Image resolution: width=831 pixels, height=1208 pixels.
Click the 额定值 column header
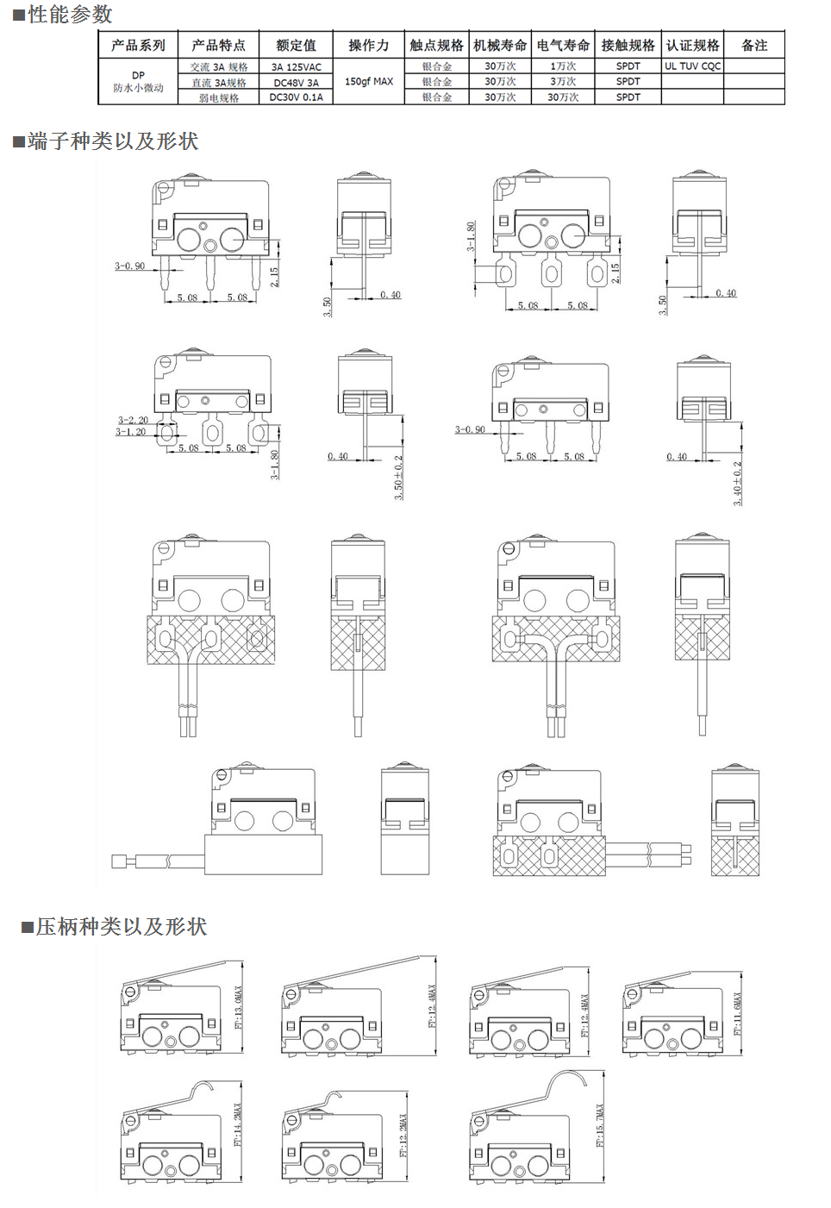pyautogui.click(x=296, y=46)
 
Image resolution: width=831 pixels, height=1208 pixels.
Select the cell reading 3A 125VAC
pyautogui.click(x=296, y=67)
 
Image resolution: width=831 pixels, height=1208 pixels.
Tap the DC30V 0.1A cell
pyautogui.click(x=296, y=97)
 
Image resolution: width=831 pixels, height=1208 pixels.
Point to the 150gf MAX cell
pyautogui.click(x=369, y=82)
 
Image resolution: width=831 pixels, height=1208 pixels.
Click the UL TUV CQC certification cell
pyautogui.click(x=692, y=66)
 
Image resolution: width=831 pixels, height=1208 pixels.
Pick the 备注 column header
pyautogui.click(x=754, y=46)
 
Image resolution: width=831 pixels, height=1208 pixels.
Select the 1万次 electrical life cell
pyautogui.click(x=563, y=66)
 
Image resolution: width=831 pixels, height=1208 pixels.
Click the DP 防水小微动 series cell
pyautogui.click(x=138, y=82)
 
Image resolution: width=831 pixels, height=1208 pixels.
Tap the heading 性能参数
pyautogui.click(x=69, y=15)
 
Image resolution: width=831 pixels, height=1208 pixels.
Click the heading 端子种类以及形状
pyautogui.click(x=112, y=141)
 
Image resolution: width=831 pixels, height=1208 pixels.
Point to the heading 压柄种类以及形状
pyautogui.click(x=121, y=927)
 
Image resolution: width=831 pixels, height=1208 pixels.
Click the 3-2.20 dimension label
pyautogui.click(x=133, y=421)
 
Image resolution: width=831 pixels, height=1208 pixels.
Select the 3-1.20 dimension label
pyautogui.click(x=131, y=432)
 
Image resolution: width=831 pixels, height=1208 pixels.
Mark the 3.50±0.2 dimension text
pyautogui.click(x=399, y=477)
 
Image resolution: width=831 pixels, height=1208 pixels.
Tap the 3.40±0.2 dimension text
pyautogui.click(x=738, y=483)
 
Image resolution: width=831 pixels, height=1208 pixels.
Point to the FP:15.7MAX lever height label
pyautogui.click(x=600, y=1125)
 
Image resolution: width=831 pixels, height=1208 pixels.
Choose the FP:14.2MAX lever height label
pyautogui.click(x=238, y=1124)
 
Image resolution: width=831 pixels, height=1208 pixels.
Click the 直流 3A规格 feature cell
pyautogui.click(x=218, y=83)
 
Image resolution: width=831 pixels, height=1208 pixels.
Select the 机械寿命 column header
pyautogui.click(x=500, y=46)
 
